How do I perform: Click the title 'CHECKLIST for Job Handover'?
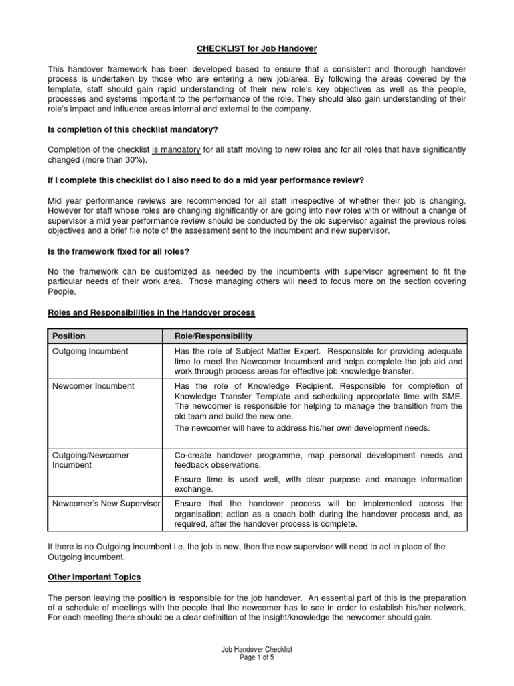pos(257,49)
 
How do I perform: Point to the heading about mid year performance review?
pos(205,180)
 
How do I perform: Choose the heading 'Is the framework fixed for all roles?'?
pos(117,251)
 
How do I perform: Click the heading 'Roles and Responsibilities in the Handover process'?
pos(151,313)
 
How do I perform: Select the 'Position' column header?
pos(69,336)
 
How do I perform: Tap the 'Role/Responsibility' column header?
pos(213,336)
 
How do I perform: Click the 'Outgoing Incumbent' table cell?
pos(90,351)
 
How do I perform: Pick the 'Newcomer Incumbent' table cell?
pos(93,386)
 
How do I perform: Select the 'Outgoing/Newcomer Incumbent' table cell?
pos(91,460)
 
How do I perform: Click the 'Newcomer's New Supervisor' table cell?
pos(105,503)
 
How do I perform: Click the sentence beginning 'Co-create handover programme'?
pos(318,460)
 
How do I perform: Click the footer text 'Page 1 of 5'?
pos(257,658)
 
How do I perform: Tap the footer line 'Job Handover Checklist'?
pos(257,650)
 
